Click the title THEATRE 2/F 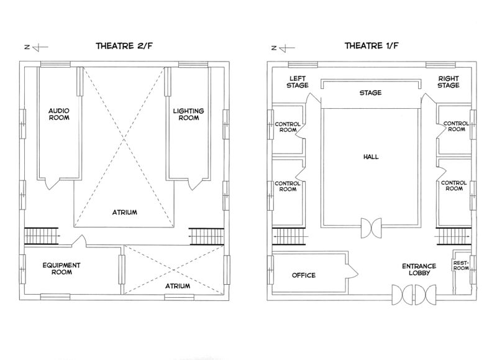(124, 45)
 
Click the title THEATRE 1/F (372, 45)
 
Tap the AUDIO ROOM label (59, 114)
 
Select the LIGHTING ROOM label (188, 114)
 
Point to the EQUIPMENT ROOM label (62, 269)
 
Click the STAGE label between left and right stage (370, 93)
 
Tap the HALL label (371, 157)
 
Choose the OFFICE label (304, 275)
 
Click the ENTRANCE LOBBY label (419, 269)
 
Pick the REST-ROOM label (461, 265)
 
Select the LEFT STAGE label (298, 82)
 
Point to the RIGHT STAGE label (449, 82)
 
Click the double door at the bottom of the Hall (372, 228)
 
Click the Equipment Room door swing (80, 241)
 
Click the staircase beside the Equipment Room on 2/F (42, 236)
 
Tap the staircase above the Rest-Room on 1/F (454, 237)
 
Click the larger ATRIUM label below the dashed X (125, 212)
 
